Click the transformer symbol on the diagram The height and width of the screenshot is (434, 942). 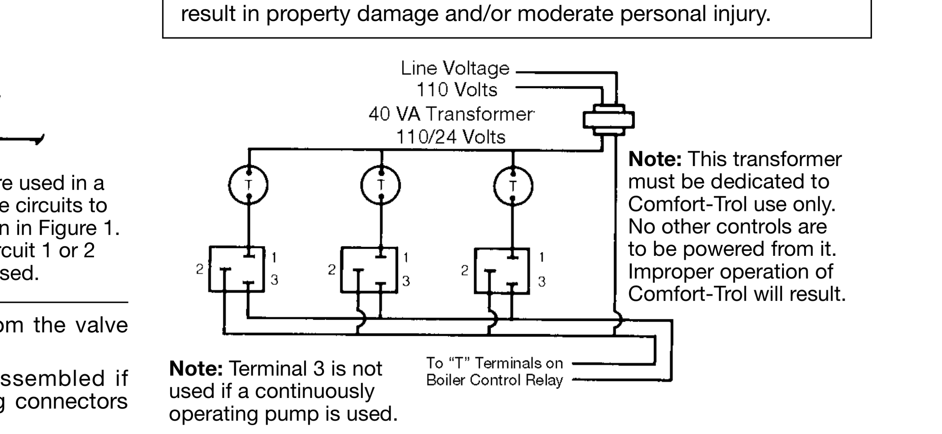coord(608,120)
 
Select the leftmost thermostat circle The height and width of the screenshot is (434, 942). coord(248,185)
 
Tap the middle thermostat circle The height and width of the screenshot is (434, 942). coord(381,185)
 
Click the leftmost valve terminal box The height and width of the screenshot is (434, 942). coord(237,269)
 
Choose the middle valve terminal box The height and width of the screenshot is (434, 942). coord(369,270)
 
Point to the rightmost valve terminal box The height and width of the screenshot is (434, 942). coord(502,271)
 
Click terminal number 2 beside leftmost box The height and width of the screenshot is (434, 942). coord(200,269)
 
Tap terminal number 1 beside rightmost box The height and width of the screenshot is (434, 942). coord(541,257)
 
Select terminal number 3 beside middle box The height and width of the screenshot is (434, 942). coord(406,281)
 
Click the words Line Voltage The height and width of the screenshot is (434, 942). coord(455,68)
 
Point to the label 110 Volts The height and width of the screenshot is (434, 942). coord(457,90)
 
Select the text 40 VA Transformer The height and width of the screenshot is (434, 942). coord(451,114)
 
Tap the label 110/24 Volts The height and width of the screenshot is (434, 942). coord(450,137)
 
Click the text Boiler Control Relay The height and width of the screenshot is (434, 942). coord(494,380)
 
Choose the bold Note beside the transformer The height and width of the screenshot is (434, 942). coord(655,159)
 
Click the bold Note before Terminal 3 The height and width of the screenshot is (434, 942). coord(196,368)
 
